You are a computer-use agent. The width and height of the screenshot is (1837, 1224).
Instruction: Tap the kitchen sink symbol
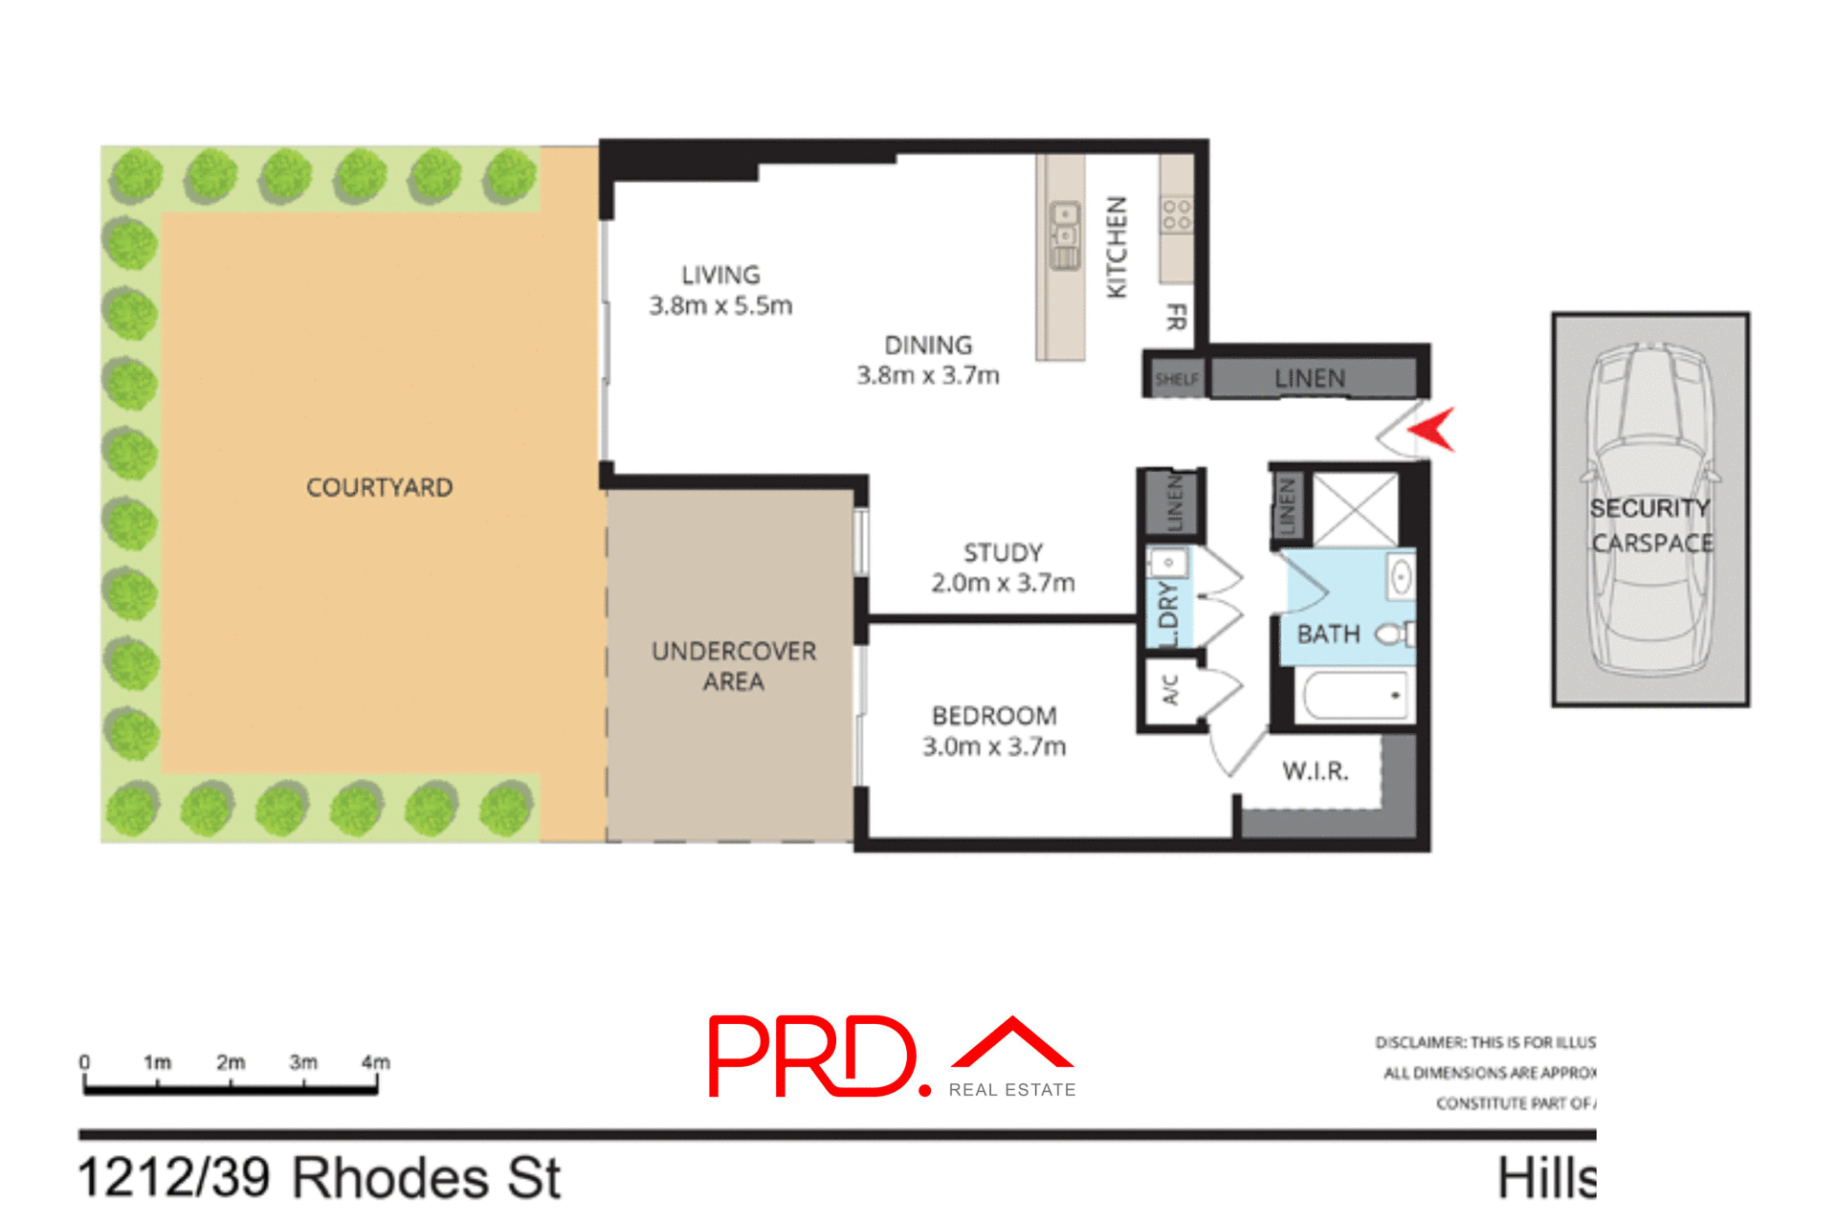click(x=1064, y=234)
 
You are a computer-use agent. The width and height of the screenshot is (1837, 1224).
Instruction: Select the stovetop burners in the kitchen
click(x=1177, y=214)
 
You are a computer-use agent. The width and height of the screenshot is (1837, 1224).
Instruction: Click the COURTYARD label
click(x=379, y=487)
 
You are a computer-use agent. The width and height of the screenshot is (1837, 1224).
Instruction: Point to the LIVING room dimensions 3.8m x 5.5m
click(x=720, y=306)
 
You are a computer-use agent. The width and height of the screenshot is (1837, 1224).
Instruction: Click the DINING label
click(x=927, y=345)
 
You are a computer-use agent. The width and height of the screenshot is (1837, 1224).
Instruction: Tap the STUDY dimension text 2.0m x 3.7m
click(x=1003, y=583)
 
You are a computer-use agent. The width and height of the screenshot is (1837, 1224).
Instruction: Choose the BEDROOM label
click(x=994, y=716)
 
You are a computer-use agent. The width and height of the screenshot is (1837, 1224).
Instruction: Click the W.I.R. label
click(x=1315, y=771)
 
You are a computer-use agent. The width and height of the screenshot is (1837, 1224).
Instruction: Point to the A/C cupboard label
click(x=1170, y=689)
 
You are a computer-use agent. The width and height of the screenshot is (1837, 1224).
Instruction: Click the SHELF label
click(x=1176, y=379)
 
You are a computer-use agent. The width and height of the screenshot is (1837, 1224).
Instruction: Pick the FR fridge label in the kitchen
click(x=1176, y=317)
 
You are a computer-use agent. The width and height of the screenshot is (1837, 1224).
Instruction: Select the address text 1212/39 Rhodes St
click(x=319, y=1178)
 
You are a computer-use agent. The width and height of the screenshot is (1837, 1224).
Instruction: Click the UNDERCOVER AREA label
click(x=733, y=666)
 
